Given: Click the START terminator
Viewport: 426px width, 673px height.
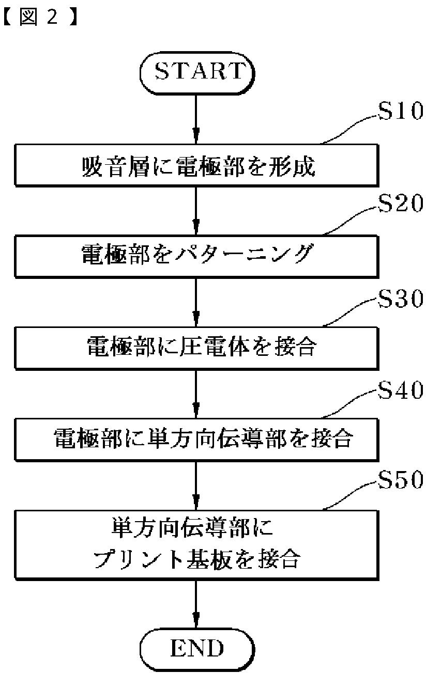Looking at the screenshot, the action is pos(197,73).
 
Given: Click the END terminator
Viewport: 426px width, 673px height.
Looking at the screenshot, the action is pos(197,648).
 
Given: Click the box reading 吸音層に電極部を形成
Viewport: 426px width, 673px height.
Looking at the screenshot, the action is pos(197,166).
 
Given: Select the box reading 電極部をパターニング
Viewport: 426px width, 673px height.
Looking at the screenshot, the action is pos(197,257).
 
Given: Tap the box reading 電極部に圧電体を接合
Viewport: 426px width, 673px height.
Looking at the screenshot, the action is pos(197,349).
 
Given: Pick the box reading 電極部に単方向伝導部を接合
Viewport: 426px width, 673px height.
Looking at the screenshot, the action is pos(197,440).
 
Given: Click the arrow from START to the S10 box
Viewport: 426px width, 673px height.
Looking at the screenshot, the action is pos(196,119).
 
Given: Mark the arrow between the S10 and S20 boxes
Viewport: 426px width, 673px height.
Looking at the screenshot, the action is pos(196,211).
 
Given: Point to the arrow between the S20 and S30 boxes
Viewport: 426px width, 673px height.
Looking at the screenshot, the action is pos(196,303).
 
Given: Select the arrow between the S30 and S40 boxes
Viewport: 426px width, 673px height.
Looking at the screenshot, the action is pos(196,394).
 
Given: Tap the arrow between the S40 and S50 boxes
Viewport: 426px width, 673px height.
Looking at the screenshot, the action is pos(196,486).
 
